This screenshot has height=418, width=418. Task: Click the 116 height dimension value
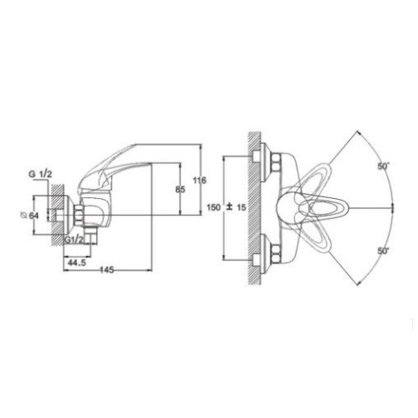(200, 181)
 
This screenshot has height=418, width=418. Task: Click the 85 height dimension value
(180, 190)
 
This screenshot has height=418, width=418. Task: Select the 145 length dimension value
(106, 270)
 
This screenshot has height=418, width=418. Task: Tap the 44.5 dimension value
(77, 263)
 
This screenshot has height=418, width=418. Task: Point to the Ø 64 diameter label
(30, 216)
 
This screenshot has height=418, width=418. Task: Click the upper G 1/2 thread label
(40, 175)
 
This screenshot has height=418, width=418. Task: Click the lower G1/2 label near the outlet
(74, 239)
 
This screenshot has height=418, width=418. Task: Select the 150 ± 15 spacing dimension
(227, 207)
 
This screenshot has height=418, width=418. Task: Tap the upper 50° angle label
(384, 166)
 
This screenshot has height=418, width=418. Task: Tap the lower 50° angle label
(384, 251)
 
